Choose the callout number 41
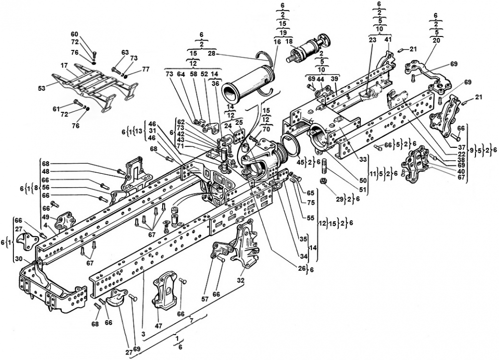(x=388, y=39)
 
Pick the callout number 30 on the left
(x=18, y=259)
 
